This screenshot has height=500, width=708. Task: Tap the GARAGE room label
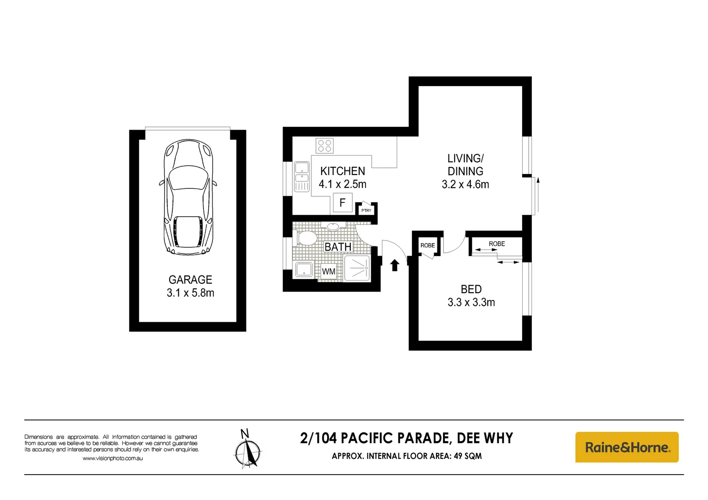click(190, 280)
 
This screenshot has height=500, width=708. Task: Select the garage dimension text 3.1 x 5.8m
click(190, 293)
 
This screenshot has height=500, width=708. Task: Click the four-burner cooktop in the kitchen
click(324, 145)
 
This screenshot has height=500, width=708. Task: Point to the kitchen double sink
click(302, 176)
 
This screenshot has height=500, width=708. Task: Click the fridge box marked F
click(342, 203)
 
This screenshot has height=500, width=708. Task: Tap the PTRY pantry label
click(366, 211)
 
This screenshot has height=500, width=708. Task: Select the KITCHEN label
click(342, 171)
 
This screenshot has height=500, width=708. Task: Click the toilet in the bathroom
click(305, 238)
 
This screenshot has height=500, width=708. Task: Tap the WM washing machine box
click(329, 271)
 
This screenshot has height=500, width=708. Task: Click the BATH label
click(338, 247)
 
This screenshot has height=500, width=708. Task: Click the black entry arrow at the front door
click(395, 265)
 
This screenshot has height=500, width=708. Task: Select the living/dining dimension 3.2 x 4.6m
click(465, 184)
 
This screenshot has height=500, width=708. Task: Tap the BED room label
click(471, 289)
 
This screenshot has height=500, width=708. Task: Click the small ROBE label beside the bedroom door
click(428, 245)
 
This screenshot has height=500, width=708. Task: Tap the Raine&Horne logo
click(626, 447)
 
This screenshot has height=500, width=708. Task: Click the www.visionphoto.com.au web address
click(113, 458)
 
